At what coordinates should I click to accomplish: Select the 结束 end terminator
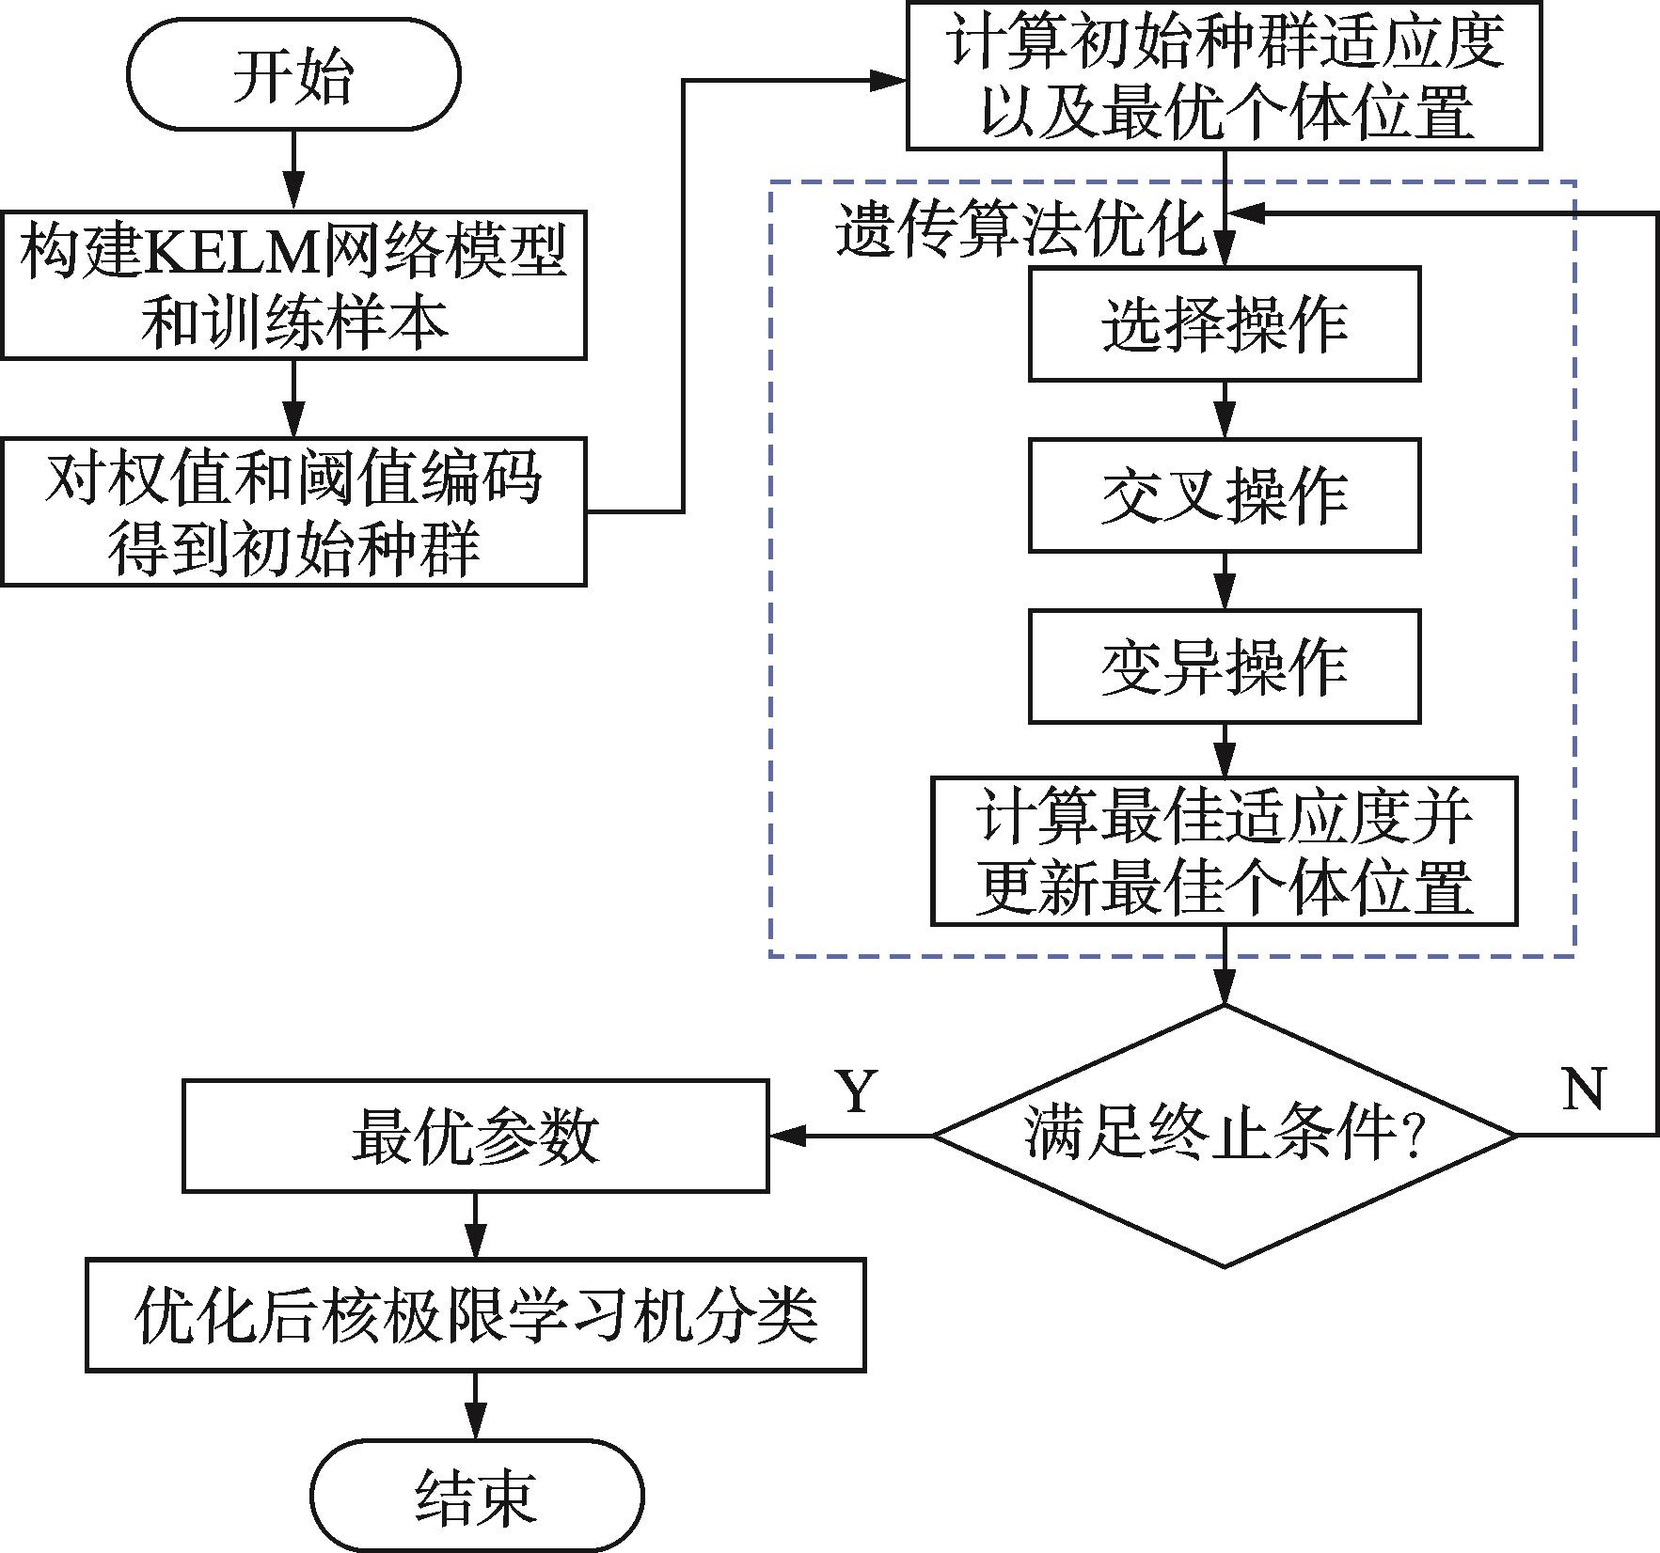coord(477,1496)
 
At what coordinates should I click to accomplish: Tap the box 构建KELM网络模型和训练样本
coord(293,286)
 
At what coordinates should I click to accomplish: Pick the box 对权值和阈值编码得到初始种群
coord(293,511)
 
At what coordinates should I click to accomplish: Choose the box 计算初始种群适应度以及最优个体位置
coord(1224,76)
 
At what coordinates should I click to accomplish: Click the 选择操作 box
coord(1224,324)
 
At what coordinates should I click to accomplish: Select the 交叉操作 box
coord(1224,495)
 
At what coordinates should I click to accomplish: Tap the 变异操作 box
coord(1224,667)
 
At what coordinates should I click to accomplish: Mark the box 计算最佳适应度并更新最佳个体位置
coord(1224,851)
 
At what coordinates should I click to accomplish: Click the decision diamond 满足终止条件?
coord(1224,1136)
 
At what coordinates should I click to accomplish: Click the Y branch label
coord(857,1091)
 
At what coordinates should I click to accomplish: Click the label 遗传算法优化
coord(1020,228)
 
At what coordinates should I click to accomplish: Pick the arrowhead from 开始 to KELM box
coord(293,193)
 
